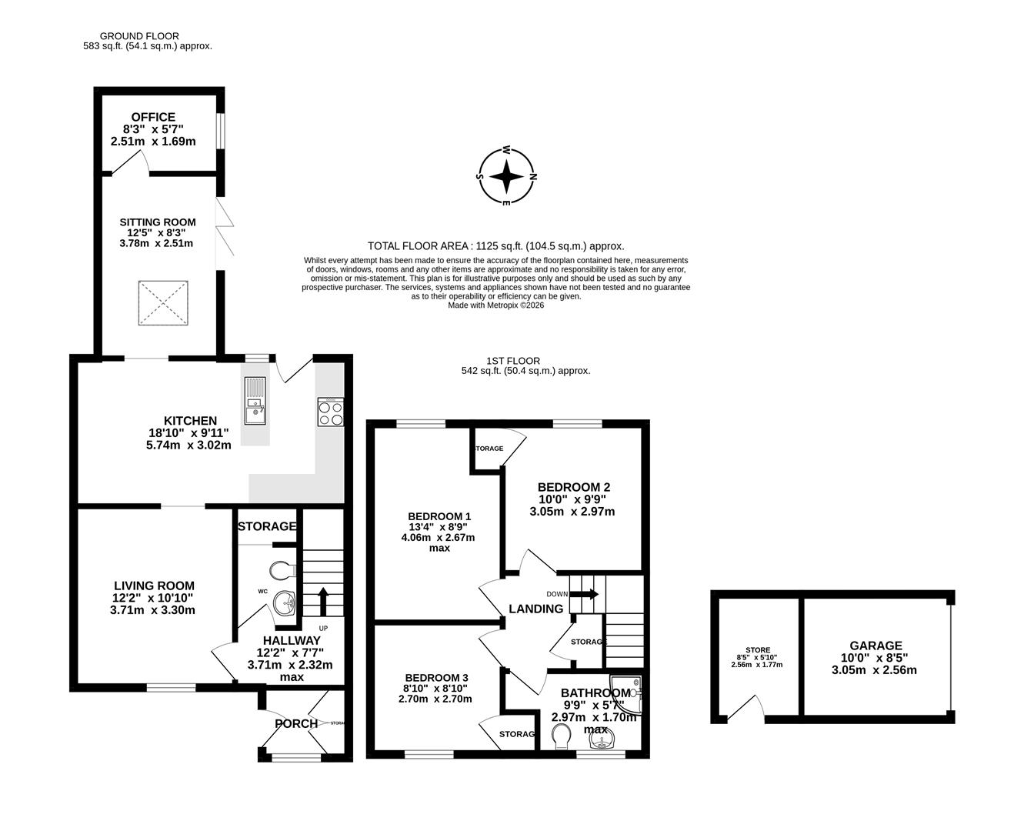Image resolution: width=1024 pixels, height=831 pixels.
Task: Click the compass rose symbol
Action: (506, 177)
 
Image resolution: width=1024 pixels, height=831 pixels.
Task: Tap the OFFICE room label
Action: (153, 117)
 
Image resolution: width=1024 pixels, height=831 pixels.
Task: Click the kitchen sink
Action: (255, 412)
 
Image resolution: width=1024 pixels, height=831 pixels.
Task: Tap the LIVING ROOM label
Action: (154, 586)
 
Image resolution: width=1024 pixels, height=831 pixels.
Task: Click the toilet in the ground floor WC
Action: (282, 571)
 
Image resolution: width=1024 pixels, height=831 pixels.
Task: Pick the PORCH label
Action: (295, 723)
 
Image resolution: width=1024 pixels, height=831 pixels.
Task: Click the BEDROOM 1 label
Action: (439, 516)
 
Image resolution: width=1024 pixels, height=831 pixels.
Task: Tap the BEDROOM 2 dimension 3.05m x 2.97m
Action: (573, 512)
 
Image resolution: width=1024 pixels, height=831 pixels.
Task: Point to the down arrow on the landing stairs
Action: (591, 594)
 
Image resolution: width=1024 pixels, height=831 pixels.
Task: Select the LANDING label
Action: (535, 609)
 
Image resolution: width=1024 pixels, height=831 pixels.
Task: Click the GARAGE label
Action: (876, 646)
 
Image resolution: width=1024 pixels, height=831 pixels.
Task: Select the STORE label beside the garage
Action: (757, 650)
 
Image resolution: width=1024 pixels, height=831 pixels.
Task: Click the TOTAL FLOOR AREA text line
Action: (495, 246)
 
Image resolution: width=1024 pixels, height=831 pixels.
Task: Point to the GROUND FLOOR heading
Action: (139, 36)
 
